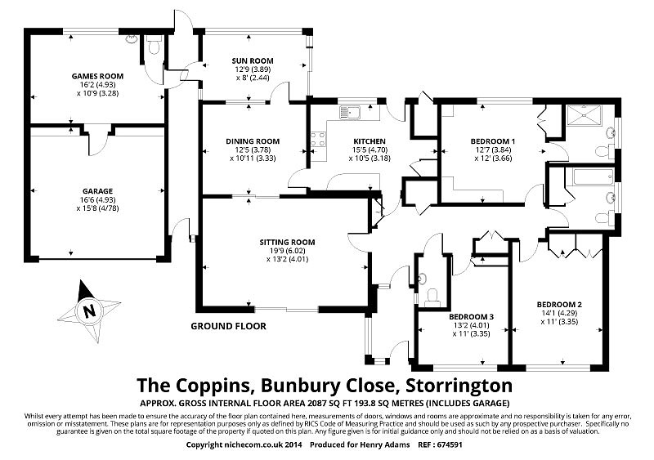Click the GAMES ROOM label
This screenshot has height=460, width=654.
(97, 75)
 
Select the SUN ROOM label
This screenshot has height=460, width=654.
(253, 61)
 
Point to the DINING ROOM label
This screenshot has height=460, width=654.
(253, 141)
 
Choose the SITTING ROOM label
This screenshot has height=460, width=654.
(287, 242)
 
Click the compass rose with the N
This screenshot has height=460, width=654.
(88, 310)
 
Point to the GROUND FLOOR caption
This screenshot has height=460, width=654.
(228, 325)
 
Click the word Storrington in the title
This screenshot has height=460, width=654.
(455, 384)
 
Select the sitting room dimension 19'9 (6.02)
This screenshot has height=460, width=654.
(287, 251)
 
